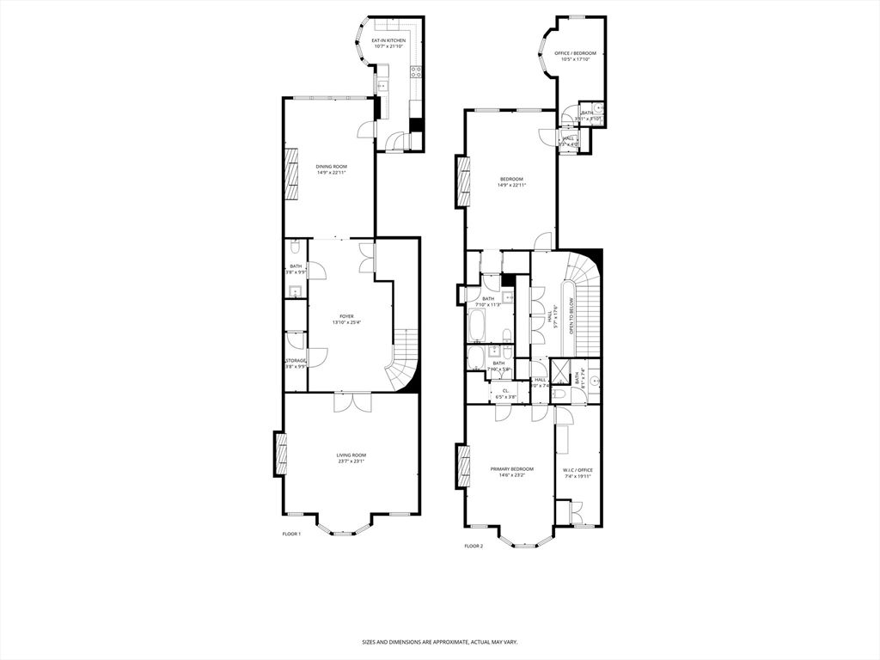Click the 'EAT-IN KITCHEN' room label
click(388, 40)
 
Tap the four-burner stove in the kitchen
click(416, 73)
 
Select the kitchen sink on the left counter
click(381, 86)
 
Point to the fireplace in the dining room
click(291, 177)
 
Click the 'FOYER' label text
click(346, 316)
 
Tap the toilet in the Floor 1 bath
click(294, 248)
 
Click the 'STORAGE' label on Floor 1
click(296, 361)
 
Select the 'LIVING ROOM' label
click(351, 455)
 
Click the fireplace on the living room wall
click(280, 453)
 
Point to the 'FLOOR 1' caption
click(292, 534)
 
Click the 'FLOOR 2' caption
click(474, 546)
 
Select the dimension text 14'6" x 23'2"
click(511, 474)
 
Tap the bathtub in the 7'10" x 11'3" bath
click(478, 327)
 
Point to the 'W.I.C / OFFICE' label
click(577, 470)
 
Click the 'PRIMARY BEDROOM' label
click(511, 469)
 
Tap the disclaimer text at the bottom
click(439, 642)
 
